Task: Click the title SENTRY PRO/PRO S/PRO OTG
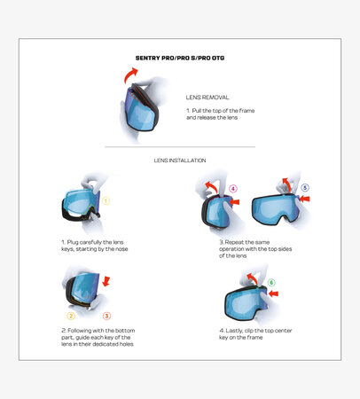click(x=180, y=58)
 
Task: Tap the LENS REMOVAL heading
click(x=207, y=98)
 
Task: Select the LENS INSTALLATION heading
click(x=180, y=160)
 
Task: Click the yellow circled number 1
click(x=106, y=201)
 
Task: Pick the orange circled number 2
click(x=71, y=316)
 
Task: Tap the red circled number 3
click(x=106, y=316)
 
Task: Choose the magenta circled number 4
click(x=233, y=189)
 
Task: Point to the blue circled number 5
click(x=305, y=188)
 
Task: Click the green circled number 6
click(x=271, y=283)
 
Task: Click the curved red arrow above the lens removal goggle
click(x=129, y=75)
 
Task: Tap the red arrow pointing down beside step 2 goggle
click(x=106, y=281)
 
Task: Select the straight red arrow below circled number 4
click(x=234, y=202)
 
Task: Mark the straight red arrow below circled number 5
click(x=305, y=199)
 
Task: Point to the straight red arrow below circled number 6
click(x=273, y=293)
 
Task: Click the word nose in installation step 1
click(x=121, y=249)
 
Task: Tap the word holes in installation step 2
click(x=126, y=344)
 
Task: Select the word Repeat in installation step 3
click(x=232, y=242)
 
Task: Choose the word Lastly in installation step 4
click(x=233, y=331)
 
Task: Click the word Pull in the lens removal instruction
click(x=196, y=111)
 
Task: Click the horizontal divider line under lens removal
click(x=180, y=146)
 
